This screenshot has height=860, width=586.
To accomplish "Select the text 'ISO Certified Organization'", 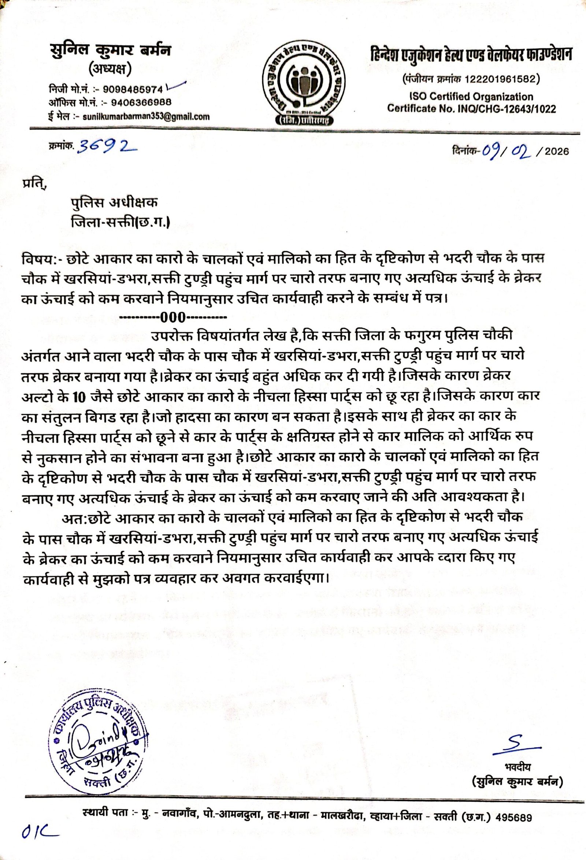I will click(471, 97).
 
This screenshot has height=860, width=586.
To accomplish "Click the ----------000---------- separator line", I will click(174, 317).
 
